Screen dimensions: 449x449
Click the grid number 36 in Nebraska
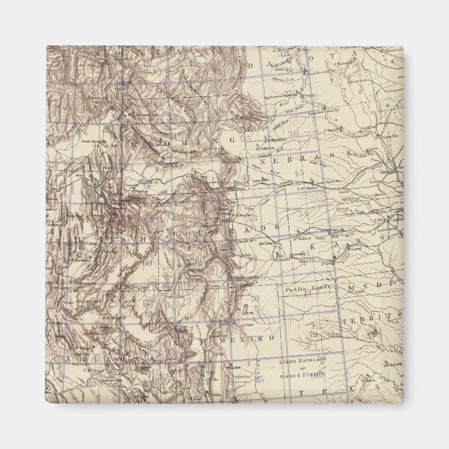pos(294,134)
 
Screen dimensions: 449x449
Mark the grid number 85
pos(259,380)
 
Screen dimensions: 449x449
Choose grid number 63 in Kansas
pos(305,254)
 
